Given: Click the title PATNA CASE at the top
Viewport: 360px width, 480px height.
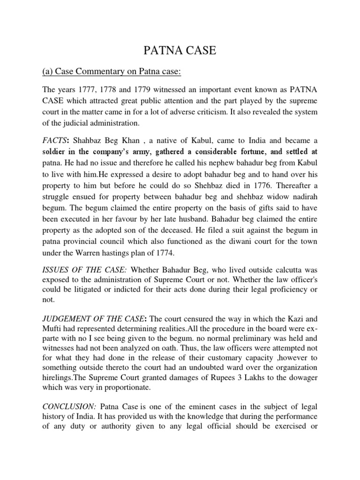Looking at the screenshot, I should point(180,51).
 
